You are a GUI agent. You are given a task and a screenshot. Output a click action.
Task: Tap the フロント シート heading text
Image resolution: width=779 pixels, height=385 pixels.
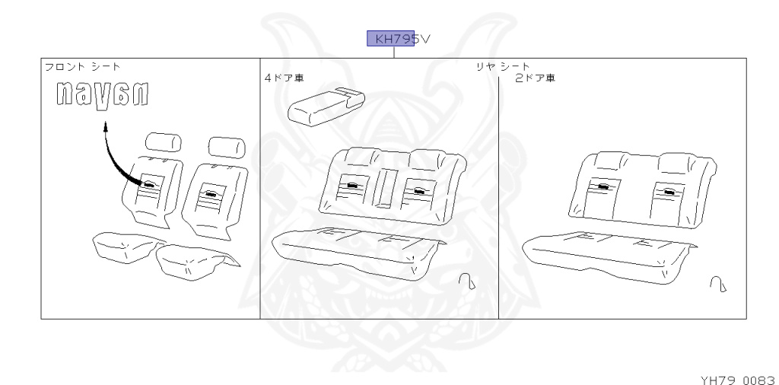pyautogui.click(x=82, y=67)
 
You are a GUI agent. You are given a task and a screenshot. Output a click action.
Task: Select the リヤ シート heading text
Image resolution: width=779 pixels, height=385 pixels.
pyautogui.click(x=503, y=67)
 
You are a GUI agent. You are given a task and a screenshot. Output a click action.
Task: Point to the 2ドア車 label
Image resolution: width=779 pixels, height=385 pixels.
pyautogui.click(x=535, y=78)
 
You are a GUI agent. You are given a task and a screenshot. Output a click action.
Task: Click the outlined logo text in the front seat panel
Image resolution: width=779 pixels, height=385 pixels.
pyautogui.click(x=101, y=96)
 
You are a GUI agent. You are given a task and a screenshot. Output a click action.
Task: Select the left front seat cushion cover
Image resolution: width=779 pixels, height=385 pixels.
pyautogui.click(x=126, y=246)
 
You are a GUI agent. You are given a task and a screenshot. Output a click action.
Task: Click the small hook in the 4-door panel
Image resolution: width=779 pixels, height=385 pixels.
pyautogui.click(x=467, y=282)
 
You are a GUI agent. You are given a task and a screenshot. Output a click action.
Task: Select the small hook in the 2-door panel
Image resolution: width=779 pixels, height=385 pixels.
pyautogui.click(x=717, y=284)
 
